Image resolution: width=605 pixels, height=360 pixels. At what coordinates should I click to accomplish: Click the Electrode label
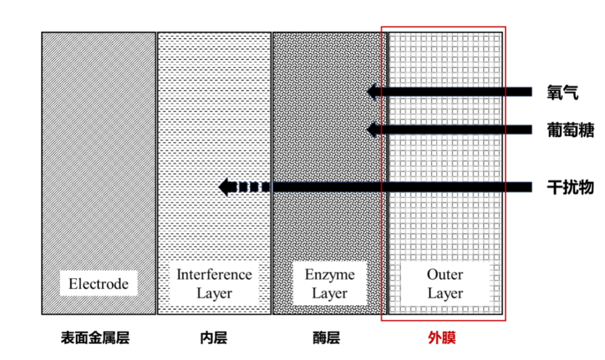[99, 284]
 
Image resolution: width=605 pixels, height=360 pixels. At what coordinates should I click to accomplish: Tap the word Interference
[214, 274]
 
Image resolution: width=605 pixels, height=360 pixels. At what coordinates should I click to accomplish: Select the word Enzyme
[329, 274]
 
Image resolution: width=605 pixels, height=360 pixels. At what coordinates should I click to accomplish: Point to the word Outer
[445, 274]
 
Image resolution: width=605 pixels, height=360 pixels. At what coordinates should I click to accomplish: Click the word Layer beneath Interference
[214, 293]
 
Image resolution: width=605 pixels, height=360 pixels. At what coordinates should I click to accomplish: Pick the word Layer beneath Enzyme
[329, 293]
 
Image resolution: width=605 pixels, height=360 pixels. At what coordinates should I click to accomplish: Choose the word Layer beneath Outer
[445, 293]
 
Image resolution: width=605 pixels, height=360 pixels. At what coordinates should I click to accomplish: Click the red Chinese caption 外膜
[443, 337]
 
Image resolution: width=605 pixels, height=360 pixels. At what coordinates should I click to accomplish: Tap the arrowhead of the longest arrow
[226, 187]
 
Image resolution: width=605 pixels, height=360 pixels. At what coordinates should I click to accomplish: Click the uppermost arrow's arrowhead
[371, 92]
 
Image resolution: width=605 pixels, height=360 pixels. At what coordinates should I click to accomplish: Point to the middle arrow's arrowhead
[371, 130]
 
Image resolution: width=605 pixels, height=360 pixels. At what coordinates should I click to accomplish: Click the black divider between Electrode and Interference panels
[156, 168]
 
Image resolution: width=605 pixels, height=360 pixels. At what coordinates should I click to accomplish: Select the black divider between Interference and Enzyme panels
[272, 168]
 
